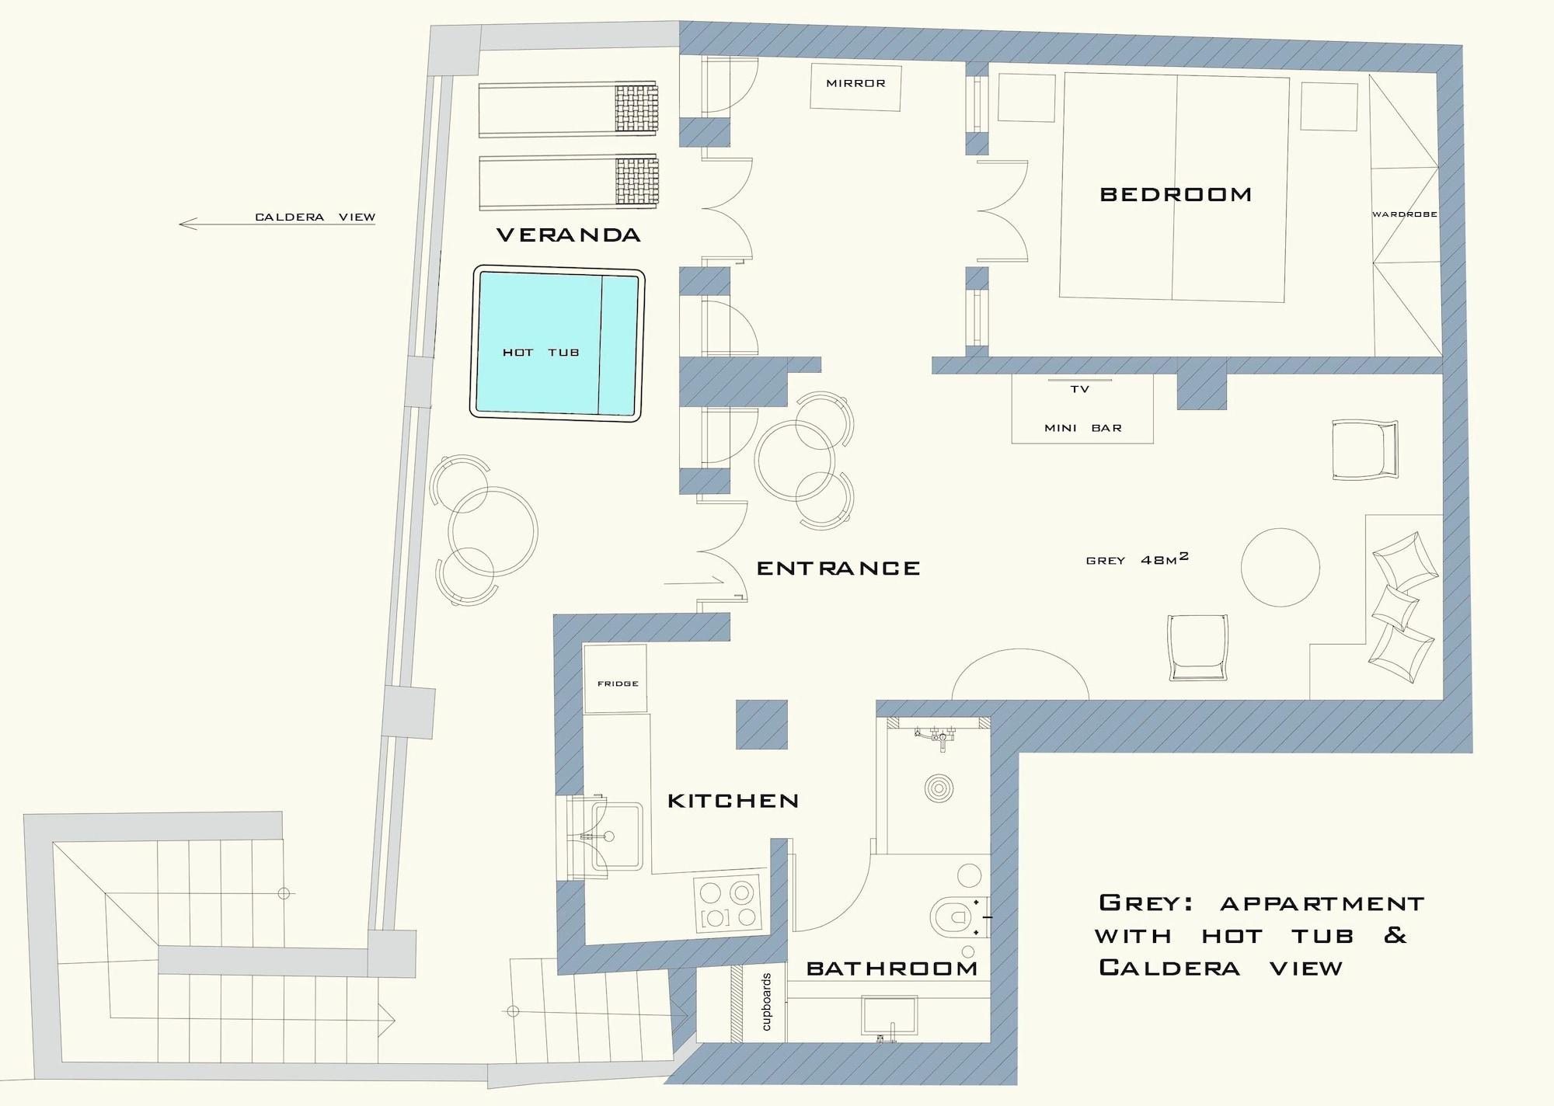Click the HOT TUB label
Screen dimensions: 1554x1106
point(541,353)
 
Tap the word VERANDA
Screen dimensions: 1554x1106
point(569,235)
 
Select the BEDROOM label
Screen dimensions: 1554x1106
point(1176,194)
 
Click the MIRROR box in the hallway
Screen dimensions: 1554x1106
point(855,86)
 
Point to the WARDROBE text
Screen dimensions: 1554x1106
point(1405,214)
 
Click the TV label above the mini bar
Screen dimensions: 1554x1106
point(1080,389)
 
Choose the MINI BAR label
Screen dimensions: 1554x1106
point(1083,428)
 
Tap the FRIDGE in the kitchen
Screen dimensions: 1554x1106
point(615,679)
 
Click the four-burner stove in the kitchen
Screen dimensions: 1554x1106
point(727,904)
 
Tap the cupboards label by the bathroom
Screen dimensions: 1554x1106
point(766,1002)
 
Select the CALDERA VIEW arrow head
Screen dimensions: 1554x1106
point(187,224)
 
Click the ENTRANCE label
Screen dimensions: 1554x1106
point(838,569)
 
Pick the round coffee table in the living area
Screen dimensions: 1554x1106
point(1280,567)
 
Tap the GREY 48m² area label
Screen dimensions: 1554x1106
point(1138,559)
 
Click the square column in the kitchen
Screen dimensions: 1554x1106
point(761,725)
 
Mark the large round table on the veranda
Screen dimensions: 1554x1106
point(493,532)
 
